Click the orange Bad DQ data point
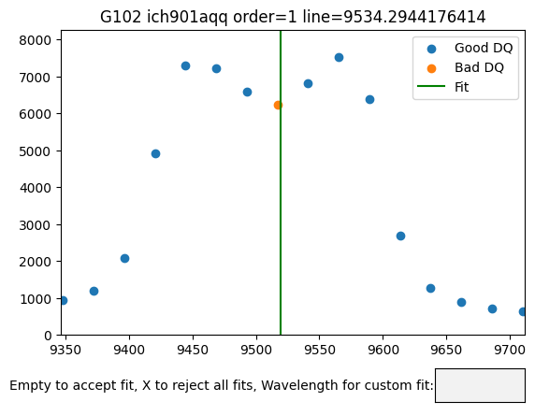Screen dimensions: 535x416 tap(278, 106)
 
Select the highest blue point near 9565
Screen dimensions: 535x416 tap(339, 58)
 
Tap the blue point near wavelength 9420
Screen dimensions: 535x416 tap(155, 154)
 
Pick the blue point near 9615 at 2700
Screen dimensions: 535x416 tap(400, 236)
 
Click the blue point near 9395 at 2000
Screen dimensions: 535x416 tap(125, 258)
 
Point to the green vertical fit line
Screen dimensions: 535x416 tap(281, 183)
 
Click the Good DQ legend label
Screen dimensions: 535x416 tap(484, 48)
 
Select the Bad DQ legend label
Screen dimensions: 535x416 tap(479, 67)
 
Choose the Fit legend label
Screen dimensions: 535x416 tap(461, 87)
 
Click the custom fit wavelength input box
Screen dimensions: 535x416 tap(480, 385)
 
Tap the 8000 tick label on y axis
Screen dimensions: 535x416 tap(36, 40)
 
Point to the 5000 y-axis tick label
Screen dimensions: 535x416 tap(36, 151)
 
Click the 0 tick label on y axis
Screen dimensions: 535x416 tap(48, 336)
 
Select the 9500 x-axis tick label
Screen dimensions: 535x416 tap(256, 350)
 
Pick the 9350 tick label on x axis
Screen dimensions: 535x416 tap(65, 350)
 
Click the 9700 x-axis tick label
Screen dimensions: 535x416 tap(511, 350)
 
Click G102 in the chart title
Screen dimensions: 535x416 tap(121, 17)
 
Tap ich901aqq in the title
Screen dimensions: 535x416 tap(187, 18)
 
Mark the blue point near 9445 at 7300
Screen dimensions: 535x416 tap(185, 66)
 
